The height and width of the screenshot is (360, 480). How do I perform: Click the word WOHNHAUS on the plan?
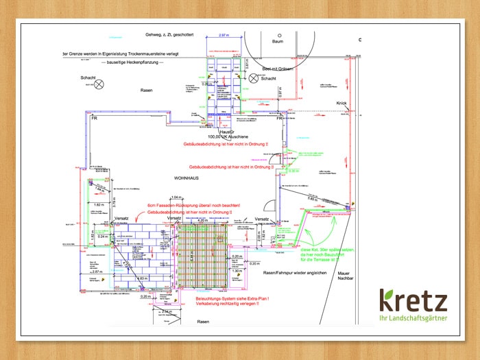(x=187, y=177)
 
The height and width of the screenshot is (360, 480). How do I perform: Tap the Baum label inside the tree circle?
(x=278, y=41)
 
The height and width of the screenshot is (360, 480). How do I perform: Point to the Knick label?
(x=342, y=104)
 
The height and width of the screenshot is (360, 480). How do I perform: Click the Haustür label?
(x=218, y=131)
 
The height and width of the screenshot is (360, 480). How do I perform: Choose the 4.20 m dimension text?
(x=193, y=220)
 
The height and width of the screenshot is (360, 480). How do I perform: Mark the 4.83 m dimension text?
(x=143, y=278)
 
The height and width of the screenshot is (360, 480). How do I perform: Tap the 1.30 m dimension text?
(x=237, y=271)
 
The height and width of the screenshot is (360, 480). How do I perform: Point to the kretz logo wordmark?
(x=413, y=302)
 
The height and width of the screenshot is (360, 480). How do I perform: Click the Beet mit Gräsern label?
(x=276, y=69)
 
